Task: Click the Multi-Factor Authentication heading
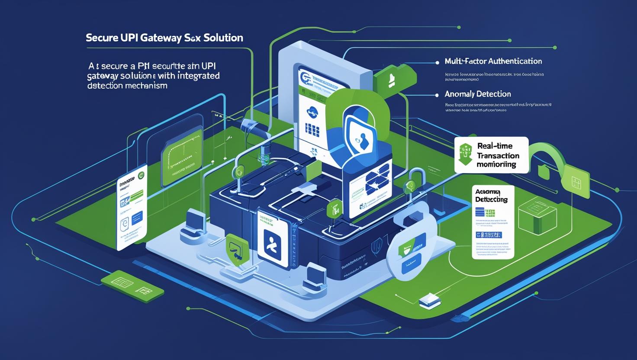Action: [493, 61]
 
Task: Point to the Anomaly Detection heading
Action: [478, 94]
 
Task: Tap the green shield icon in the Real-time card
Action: [465, 155]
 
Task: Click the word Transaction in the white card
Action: [498, 156]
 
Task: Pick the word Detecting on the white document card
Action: [491, 200]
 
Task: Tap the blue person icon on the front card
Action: [272, 248]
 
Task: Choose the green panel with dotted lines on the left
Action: [182, 151]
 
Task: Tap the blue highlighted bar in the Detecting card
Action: [489, 235]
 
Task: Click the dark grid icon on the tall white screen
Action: [312, 129]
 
